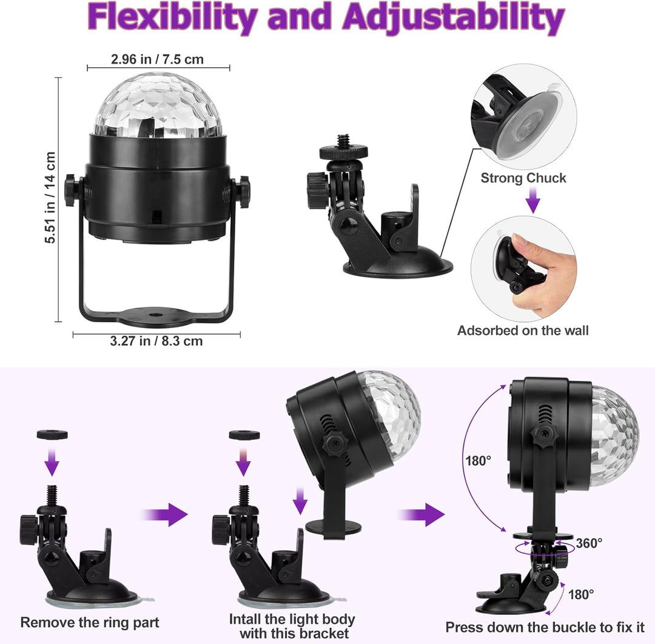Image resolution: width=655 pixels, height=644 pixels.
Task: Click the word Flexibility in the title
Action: click(x=172, y=18)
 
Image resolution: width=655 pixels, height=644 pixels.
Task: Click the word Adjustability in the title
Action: click(x=454, y=18)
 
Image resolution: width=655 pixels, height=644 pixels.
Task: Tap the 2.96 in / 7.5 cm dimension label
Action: click(x=157, y=59)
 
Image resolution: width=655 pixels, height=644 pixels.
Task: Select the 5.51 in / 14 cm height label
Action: click(x=50, y=197)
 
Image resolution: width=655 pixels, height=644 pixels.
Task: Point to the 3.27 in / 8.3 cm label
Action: click(x=156, y=341)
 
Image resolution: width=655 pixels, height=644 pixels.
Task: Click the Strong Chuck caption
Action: click(x=523, y=178)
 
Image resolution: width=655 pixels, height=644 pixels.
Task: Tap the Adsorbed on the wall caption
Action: click(x=523, y=330)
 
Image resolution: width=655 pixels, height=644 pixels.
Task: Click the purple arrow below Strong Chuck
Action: click(x=532, y=201)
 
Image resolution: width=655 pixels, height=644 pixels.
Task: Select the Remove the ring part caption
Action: click(x=90, y=622)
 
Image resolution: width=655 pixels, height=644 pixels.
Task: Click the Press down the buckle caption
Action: click(x=545, y=627)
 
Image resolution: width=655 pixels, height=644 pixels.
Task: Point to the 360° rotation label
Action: click(x=589, y=543)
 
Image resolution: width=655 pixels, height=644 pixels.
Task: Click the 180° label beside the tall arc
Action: click(x=479, y=461)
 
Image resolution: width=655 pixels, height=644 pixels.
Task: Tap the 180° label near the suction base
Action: click(x=580, y=594)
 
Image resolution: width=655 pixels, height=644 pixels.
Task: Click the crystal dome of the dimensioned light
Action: click(x=158, y=106)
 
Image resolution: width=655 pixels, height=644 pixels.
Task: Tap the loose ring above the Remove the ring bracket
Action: click(x=52, y=435)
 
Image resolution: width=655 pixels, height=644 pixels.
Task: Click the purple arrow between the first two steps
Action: click(x=165, y=514)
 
